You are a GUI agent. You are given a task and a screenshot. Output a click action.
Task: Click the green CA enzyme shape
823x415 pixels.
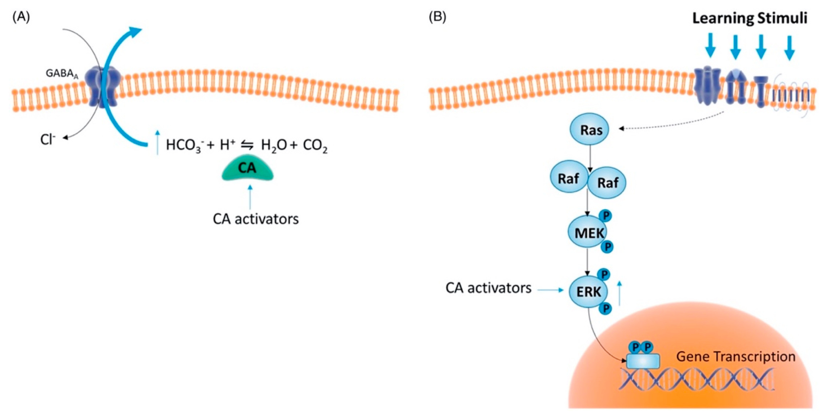pyautogui.click(x=248, y=169)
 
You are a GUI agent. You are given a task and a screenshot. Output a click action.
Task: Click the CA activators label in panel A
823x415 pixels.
pyautogui.click(x=256, y=219)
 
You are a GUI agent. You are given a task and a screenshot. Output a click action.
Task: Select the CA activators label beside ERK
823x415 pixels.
pyautogui.click(x=488, y=288)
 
